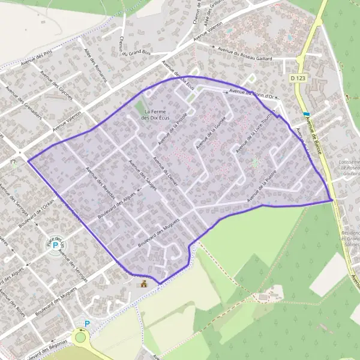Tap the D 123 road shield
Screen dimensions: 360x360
pyautogui.click(x=297, y=78)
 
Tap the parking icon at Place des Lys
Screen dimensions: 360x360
pyautogui.click(x=56, y=245)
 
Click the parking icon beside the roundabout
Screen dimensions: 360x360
pyautogui.click(x=87, y=323)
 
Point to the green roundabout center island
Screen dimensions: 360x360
pyautogui.click(x=80, y=337)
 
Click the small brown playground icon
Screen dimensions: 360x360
pyautogui.click(x=143, y=283)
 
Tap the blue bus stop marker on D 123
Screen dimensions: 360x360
pyautogui.click(x=307, y=114)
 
